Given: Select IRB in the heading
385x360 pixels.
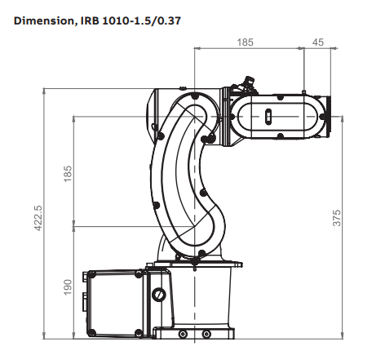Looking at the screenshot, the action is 90,20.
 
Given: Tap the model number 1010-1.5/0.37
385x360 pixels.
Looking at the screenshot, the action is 141,20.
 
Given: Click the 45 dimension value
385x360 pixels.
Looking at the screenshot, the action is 318,42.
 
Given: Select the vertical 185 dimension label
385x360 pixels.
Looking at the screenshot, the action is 68,174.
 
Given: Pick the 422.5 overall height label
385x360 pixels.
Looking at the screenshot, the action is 38,218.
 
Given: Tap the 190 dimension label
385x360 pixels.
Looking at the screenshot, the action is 68,287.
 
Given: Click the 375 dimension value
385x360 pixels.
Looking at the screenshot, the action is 337,218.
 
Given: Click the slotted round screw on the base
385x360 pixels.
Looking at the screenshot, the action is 158,295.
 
